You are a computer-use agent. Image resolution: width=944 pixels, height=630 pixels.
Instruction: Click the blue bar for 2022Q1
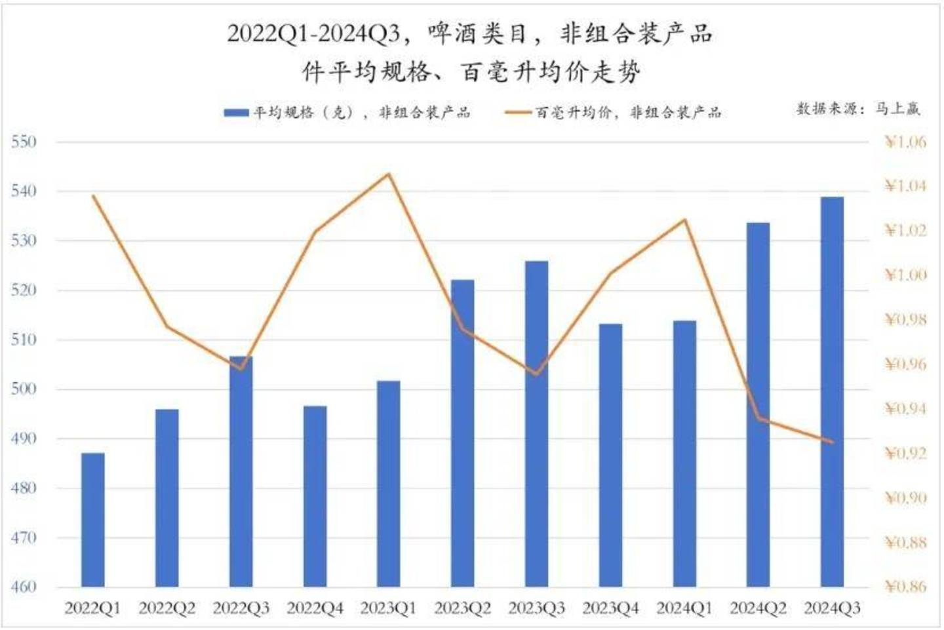coord(93,519)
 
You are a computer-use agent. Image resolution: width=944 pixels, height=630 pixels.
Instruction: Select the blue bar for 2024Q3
coord(832,391)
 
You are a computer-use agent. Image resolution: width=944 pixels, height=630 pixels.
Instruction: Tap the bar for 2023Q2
coord(462,433)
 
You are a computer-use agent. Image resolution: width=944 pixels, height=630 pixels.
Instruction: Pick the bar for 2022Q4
coord(315,496)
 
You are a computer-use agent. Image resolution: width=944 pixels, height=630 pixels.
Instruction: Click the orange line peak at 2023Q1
coord(388,174)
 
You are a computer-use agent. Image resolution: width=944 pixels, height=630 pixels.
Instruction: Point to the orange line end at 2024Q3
coord(832,442)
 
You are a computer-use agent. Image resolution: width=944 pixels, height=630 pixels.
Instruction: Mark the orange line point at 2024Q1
coord(684,220)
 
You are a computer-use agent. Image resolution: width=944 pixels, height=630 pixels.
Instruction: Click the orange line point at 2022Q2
coord(167,327)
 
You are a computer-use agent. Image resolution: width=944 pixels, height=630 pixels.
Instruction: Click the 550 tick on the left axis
coord(24,142)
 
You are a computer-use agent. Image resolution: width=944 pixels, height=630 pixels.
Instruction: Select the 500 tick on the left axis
coord(24,389)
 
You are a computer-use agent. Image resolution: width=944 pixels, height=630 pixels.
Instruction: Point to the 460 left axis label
coord(24,587)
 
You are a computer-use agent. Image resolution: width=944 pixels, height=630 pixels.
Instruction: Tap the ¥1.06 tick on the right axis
coord(905,142)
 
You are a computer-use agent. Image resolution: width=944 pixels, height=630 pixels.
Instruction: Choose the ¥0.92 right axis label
coord(905,453)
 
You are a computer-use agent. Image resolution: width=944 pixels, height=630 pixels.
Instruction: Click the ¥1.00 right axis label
coord(905,275)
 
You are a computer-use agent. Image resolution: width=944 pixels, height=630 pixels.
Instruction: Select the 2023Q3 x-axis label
coord(536,608)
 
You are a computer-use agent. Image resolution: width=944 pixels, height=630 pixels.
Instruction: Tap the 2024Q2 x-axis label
coord(758,608)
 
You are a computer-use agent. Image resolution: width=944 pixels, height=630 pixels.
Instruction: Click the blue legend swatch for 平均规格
coord(236,113)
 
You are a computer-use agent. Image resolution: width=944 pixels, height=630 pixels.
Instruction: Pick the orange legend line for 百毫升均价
coord(519,113)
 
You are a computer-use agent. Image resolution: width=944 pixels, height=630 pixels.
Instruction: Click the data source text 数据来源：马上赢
coord(858,109)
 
